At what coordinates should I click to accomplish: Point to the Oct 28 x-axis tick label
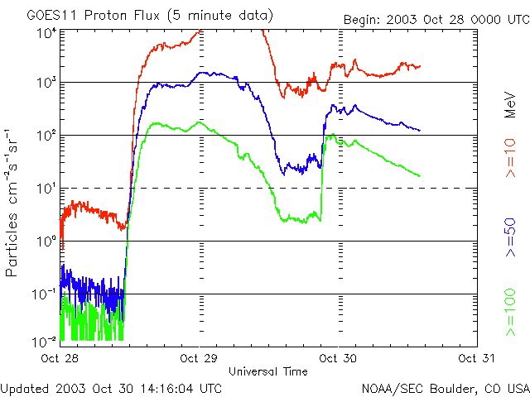pyautogui.click(x=60, y=358)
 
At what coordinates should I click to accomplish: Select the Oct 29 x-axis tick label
pyautogui.click(x=200, y=358)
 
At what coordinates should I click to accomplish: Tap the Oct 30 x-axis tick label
pyautogui.click(x=338, y=358)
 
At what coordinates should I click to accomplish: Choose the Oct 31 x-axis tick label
pyautogui.click(x=478, y=358)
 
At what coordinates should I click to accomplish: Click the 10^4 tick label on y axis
pyautogui.click(x=46, y=31)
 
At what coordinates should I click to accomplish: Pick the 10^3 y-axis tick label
pyautogui.click(x=46, y=82)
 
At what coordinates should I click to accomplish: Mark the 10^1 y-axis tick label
pyautogui.click(x=46, y=188)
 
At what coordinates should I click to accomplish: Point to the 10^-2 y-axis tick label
pyautogui.click(x=46, y=341)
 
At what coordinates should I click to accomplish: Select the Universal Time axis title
pyautogui.click(x=267, y=371)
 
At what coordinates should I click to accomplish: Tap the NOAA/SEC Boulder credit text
pyautogui.click(x=445, y=388)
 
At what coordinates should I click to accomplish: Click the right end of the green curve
pyautogui.click(x=420, y=175)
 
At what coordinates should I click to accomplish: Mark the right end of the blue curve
pyautogui.click(x=420, y=131)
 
